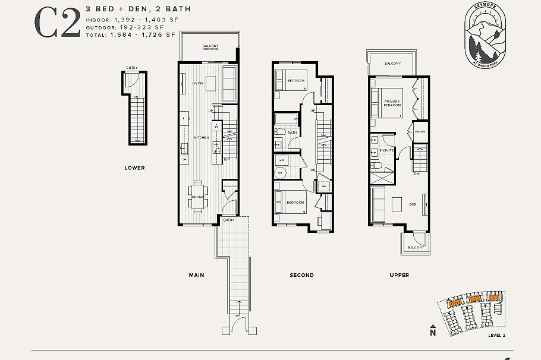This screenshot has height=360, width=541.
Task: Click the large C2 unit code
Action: point(57,23)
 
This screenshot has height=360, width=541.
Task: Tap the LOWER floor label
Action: point(134,168)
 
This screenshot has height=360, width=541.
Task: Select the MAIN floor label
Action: point(197,275)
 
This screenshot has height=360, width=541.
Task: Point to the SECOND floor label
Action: point(301,275)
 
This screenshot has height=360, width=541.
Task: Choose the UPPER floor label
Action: point(399,275)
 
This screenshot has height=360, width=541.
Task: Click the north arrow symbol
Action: point(433,330)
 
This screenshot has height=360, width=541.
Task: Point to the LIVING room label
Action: point(197,83)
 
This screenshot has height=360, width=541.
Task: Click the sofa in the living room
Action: point(229,84)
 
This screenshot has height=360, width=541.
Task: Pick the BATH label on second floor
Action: point(292,132)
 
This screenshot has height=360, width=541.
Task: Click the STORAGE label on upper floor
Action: point(420,131)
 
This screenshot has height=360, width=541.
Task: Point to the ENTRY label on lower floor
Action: point(132,68)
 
